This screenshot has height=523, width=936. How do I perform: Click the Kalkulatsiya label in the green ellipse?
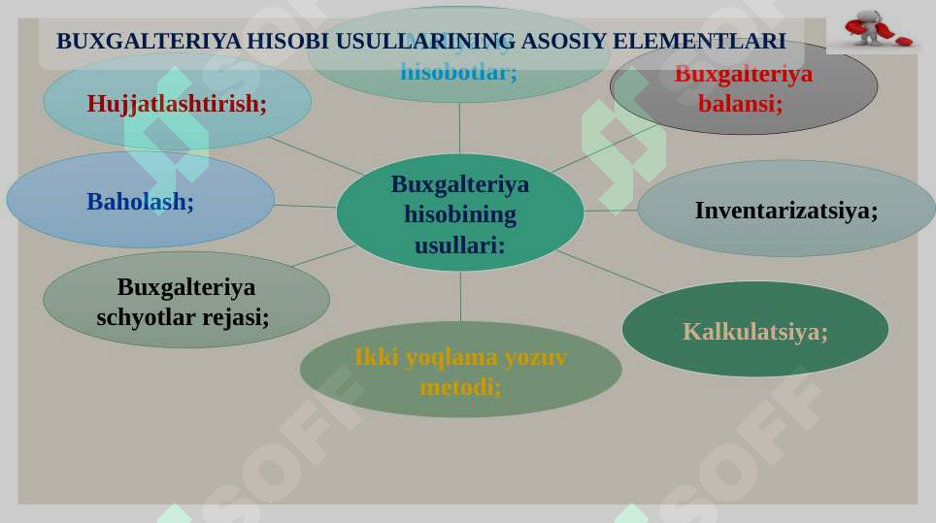pyautogui.click(x=754, y=332)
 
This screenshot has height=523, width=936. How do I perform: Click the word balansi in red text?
pyautogui.click(x=740, y=104)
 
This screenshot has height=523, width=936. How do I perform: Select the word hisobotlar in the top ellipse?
pyautogui.click(x=458, y=71)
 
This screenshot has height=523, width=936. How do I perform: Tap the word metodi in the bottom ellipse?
pyautogui.click(x=459, y=387)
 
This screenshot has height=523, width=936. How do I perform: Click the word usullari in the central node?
pyautogui.click(x=459, y=245)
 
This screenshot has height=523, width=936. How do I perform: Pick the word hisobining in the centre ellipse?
pyautogui.click(x=459, y=214)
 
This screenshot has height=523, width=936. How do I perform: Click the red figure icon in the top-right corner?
pyautogui.click(x=876, y=30)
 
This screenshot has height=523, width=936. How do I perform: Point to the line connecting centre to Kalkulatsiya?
pyautogui.click(x=612, y=272)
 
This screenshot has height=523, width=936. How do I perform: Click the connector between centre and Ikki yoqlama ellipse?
pyautogui.click(x=460, y=297)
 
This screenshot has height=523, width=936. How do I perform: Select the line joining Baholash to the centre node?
pyautogui.click(x=305, y=206)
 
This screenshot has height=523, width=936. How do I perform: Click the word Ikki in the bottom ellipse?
pyautogui.click(x=376, y=357)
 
